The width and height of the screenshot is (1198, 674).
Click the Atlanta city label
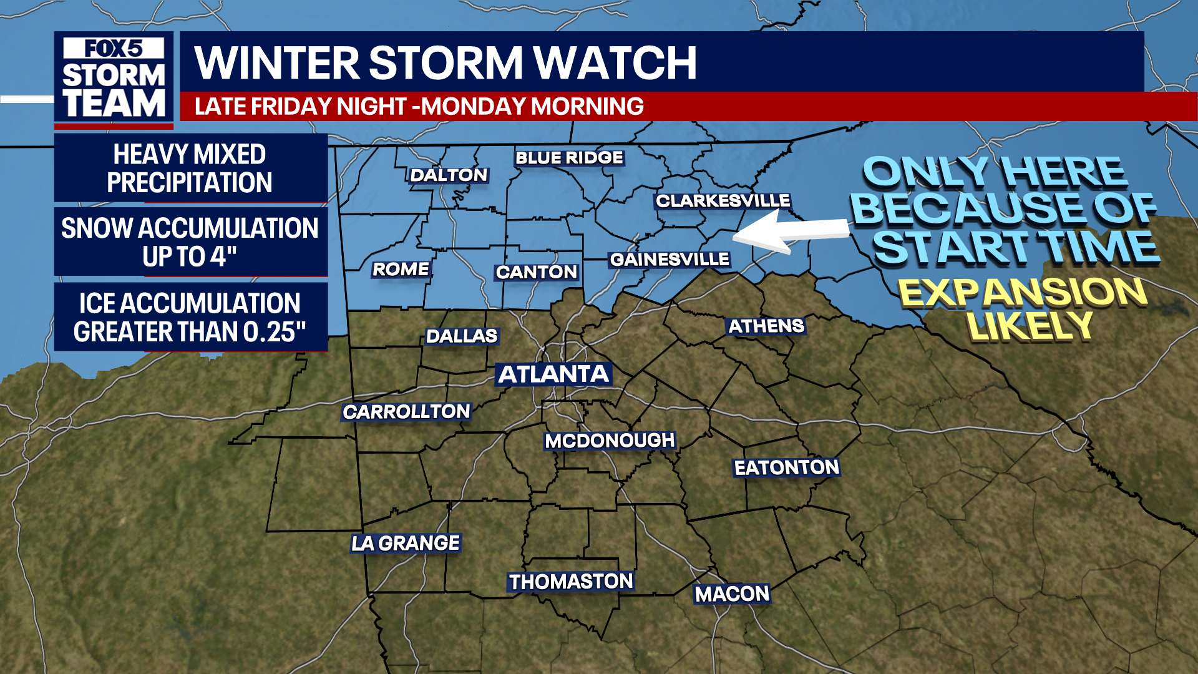[x=553, y=374]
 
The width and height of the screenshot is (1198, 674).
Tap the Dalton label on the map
[x=449, y=175]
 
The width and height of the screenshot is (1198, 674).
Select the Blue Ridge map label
[x=569, y=158]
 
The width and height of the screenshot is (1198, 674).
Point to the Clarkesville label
[x=723, y=201]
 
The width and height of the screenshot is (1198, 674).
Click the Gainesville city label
[x=670, y=260]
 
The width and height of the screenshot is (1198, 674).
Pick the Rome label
[x=401, y=270]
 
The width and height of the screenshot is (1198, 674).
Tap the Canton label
[x=536, y=272]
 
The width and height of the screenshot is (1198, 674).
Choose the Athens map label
[x=766, y=326]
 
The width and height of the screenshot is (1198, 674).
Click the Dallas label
[x=462, y=336]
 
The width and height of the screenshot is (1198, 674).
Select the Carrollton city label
[x=406, y=412]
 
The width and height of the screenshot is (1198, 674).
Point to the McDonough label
[x=610, y=441]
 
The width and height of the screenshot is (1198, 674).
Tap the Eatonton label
[x=786, y=467]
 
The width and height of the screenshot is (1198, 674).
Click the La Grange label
[x=406, y=544]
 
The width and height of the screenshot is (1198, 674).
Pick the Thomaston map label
[x=571, y=582]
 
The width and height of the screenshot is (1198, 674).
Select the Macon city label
[x=733, y=594]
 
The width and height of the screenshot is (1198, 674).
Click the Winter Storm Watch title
[x=446, y=63]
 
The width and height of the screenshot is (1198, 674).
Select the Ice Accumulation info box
[x=190, y=317]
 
